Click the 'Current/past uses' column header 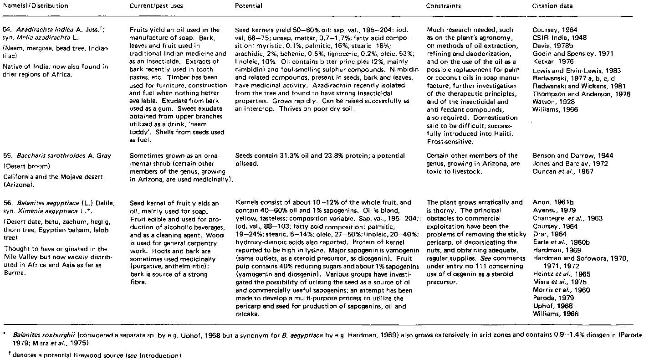152,6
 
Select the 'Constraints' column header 443,6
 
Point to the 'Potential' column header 248,6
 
